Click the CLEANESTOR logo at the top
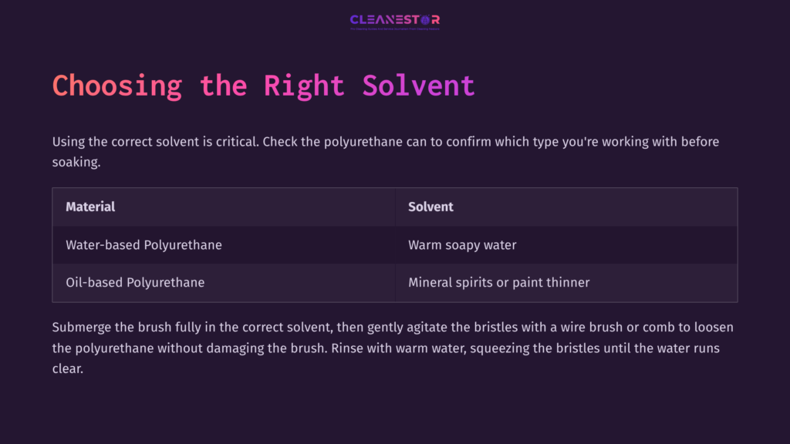point(394,21)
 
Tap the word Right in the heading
point(304,85)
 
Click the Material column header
point(90,207)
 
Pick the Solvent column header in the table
point(430,207)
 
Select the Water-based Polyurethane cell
point(143,245)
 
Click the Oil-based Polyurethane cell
point(135,282)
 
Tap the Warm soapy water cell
point(462,245)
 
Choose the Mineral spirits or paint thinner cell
point(498,282)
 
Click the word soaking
point(76,163)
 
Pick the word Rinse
point(346,348)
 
